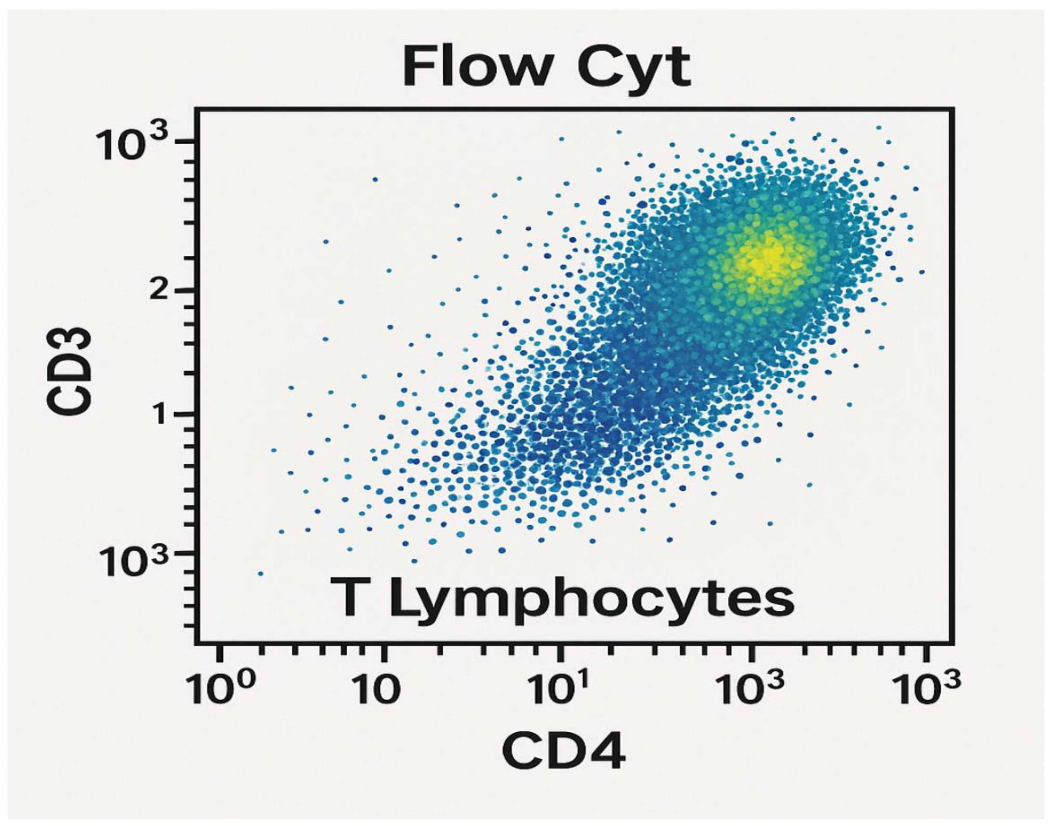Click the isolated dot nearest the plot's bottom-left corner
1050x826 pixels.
pyautogui.click(x=261, y=574)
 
